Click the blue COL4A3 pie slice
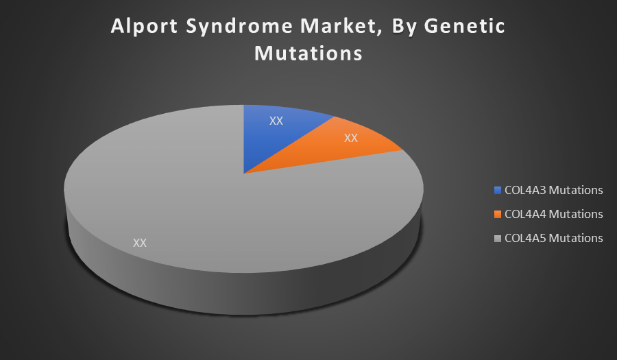(276, 134)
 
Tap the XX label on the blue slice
(276, 121)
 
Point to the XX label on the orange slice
(350, 138)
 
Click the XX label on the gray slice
(140, 243)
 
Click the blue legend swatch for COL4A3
(498, 191)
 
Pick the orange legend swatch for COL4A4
(498, 215)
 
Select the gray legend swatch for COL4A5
(498, 239)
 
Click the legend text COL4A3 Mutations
(554, 190)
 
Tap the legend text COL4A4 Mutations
(554, 214)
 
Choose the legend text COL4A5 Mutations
(554, 238)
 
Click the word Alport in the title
(145, 27)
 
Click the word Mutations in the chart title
(308, 53)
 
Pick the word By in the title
(404, 27)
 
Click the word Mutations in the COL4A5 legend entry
(576, 238)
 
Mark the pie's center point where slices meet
(243, 173)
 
